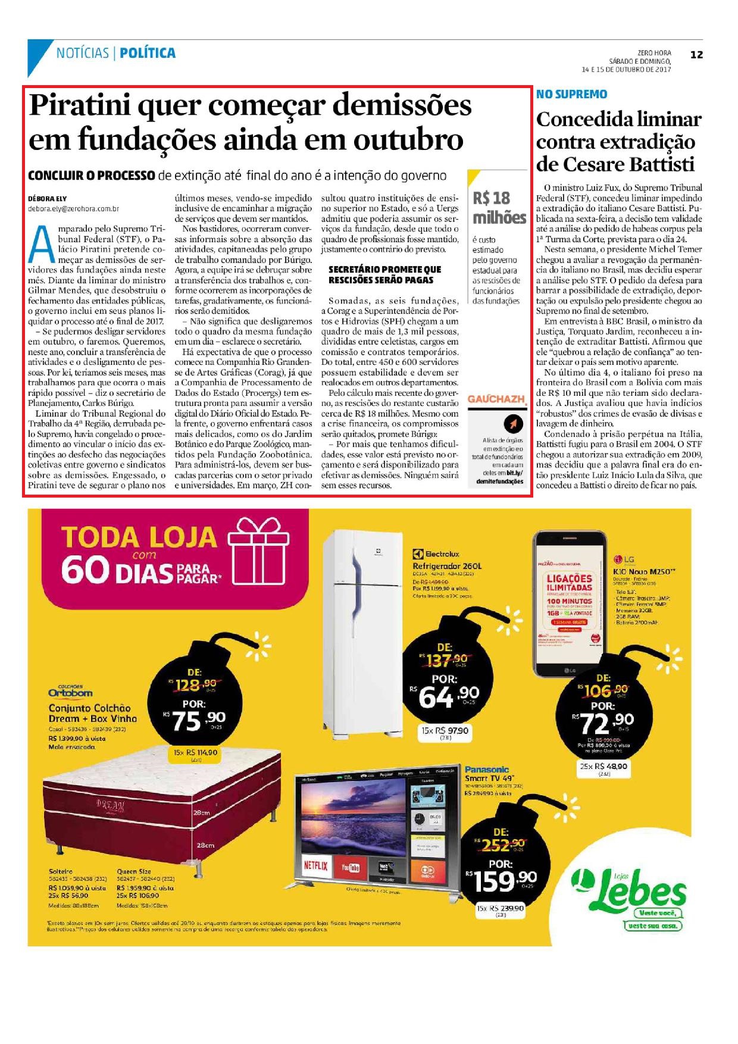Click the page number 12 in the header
[696, 55]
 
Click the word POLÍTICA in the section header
[147, 53]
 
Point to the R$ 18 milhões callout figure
[499, 207]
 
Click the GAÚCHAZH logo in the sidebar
[497, 399]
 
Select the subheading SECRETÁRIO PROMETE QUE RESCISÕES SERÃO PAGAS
[384, 274]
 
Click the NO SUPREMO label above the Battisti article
[571, 94]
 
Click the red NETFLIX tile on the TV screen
[315, 866]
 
